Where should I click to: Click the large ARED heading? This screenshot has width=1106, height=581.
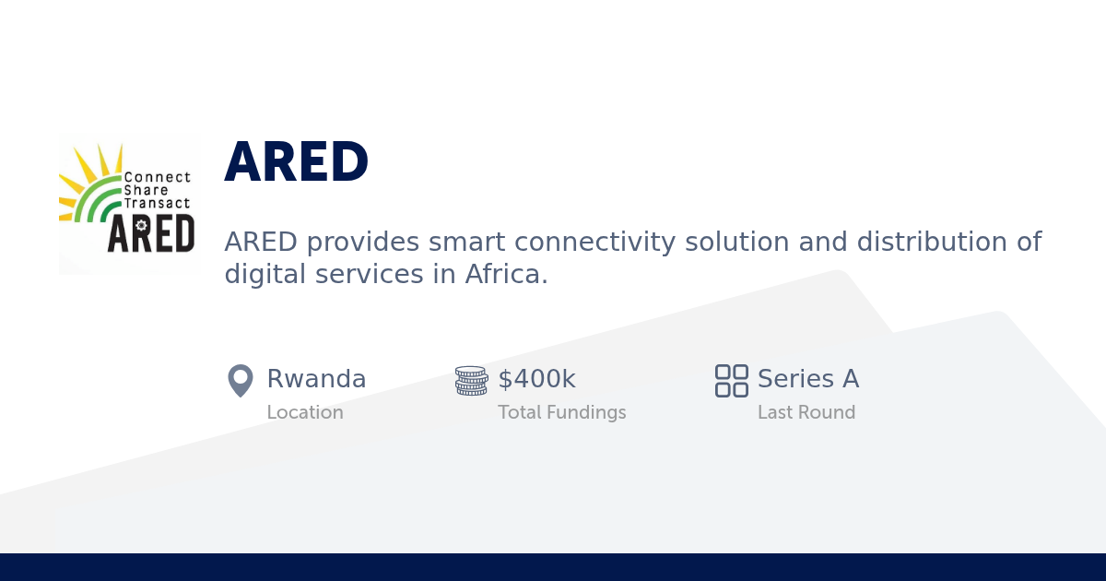(297, 163)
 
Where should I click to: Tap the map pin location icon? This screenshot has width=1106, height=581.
(241, 380)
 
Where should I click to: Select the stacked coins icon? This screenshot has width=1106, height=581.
(471, 380)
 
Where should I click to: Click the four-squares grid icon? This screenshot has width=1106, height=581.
(732, 380)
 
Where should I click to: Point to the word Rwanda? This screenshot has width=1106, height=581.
(316, 379)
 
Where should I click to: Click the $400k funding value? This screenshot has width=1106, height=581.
(536, 379)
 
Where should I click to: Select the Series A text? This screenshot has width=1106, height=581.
(807, 379)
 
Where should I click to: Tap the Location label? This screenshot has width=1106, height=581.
(305, 412)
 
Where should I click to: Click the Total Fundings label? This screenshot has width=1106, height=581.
(561, 412)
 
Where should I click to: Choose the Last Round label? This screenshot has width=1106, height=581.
(806, 412)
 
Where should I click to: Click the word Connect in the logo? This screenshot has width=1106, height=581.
(157, 177)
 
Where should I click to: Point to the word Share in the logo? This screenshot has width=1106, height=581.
(146, 190)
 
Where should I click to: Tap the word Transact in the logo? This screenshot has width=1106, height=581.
(156, 203)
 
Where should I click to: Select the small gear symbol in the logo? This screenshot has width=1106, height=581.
(141, 224)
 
